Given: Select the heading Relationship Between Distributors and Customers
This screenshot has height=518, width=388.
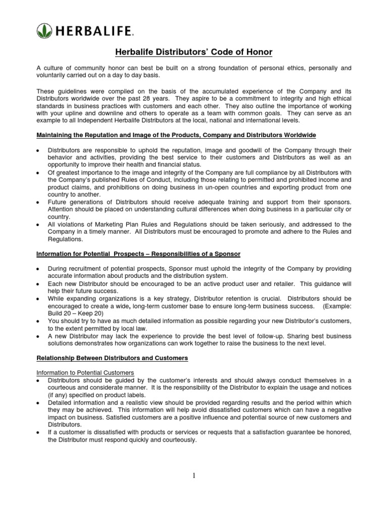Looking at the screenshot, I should click(x=113, y=358).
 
